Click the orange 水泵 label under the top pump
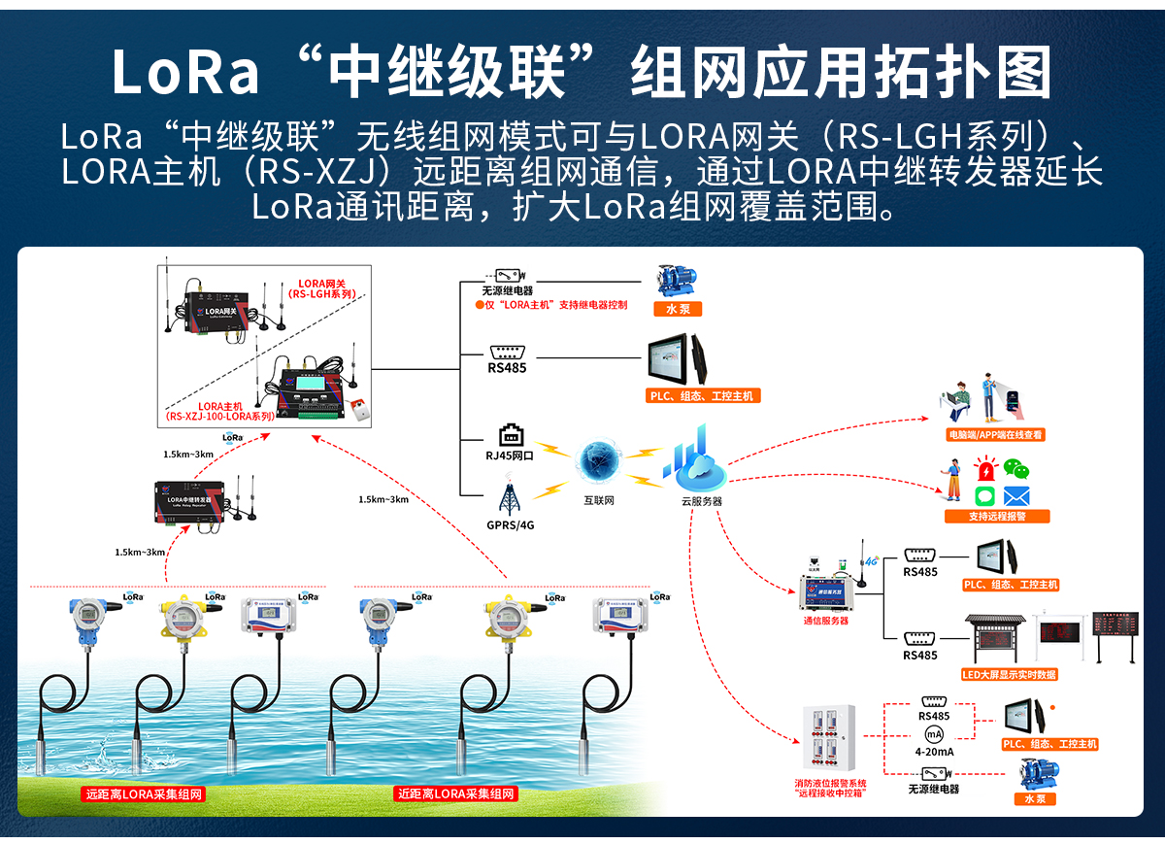tap(677, 309)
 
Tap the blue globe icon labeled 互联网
tap(600, 462)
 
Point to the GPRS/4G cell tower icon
tap(509, 497)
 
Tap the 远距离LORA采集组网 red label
tap(145, 793)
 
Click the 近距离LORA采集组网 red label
tap(457, 793)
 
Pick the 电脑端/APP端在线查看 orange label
tap(996, 435)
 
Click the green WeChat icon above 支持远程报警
tap(1015, 469)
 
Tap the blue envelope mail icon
tap(1015, 495)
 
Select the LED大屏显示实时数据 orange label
tap(1010, 674)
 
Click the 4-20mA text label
tap(934, 752)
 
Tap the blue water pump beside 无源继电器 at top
tap(677, 279)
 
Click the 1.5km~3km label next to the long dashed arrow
tap(383, 499)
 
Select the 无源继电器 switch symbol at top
tap(508, 276)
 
